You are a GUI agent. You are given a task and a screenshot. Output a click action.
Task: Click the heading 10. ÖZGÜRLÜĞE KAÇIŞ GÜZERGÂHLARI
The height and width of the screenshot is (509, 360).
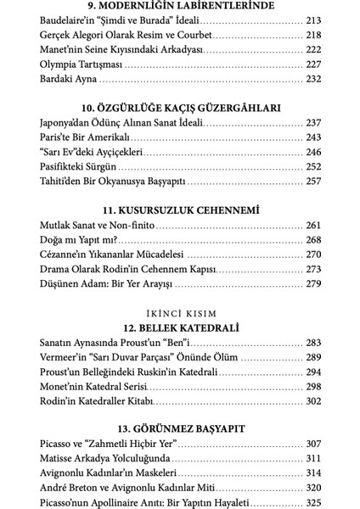point(179,108)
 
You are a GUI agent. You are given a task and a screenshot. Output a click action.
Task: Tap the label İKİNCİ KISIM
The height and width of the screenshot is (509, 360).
point(179,311)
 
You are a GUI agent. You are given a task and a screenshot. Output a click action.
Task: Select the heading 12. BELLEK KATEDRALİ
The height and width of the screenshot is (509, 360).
point(179,327)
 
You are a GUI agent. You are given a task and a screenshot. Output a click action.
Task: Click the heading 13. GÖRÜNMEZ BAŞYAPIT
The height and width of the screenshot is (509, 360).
point(179,429)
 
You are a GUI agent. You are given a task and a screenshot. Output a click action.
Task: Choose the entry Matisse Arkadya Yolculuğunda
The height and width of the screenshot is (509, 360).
point(106,460)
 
